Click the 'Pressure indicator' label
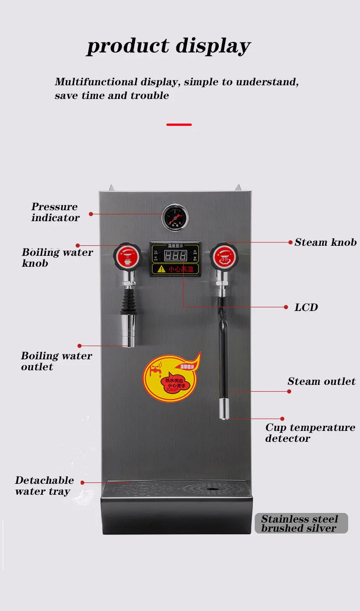point(55,212)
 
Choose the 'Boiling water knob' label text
point(57,258)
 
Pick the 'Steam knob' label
point(325,242)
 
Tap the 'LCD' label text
point(306,307)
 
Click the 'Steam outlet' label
point(321,381)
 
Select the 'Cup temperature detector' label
point(310,433)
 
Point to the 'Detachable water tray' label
point(44,486)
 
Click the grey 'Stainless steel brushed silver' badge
point(301,523)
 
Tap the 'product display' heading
point(168,46)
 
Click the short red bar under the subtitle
point(179,124)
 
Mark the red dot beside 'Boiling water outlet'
point(80,346)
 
